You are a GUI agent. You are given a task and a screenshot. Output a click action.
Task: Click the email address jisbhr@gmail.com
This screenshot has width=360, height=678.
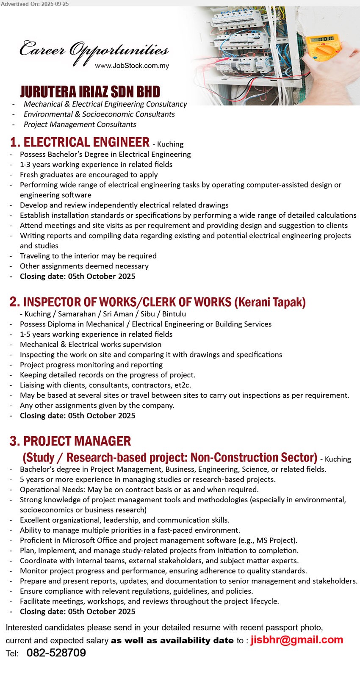(296, 640)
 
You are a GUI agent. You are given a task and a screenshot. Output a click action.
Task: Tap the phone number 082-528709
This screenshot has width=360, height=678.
(56, 653)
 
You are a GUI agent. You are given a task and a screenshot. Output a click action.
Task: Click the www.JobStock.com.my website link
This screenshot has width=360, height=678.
(132, 66)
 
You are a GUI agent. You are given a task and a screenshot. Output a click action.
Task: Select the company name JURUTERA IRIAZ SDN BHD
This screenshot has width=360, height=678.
(90, 92)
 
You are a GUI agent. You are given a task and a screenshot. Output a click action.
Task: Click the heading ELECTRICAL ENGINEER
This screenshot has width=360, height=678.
(86, 142)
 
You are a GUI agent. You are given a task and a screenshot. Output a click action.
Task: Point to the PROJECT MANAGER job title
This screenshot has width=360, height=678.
(77, 441)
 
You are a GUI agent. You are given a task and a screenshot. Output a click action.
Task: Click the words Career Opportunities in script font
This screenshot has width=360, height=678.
(94, 51)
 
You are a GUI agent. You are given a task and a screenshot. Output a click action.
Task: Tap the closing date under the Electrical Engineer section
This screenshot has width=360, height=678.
(78, 276)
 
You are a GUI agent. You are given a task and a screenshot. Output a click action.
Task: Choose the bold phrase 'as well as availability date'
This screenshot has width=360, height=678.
(172, 641)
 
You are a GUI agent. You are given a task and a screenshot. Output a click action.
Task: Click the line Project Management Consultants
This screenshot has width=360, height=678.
(80, 124)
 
